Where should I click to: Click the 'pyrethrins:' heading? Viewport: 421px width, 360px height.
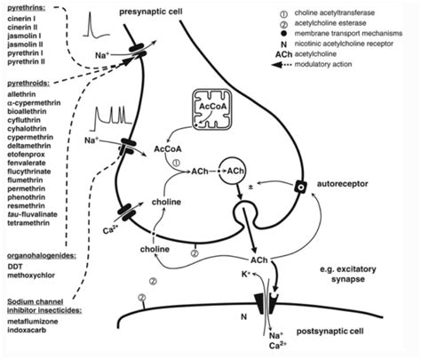[x=26, y=8]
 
